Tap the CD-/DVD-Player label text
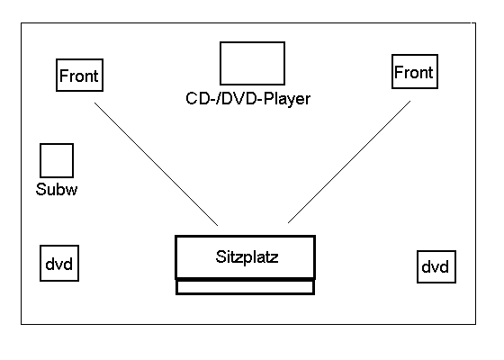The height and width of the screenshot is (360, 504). (248, 99)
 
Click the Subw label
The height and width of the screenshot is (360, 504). (57, 189)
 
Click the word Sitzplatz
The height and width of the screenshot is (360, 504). (247, 256)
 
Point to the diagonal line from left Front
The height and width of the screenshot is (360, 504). (157, 164)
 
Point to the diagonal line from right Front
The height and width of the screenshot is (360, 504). (349, 162)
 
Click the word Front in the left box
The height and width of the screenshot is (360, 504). (79, 76)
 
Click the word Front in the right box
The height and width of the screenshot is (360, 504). (414, 72)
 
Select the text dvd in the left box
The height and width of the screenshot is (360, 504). (58, 265)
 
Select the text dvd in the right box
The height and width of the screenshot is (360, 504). (435, 267)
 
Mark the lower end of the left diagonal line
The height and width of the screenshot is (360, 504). (218, 226)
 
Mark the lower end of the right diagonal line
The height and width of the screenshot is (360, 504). (288, 223)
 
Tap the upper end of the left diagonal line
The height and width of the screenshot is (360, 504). (94, 103)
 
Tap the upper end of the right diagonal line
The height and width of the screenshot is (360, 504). (410, 101)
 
